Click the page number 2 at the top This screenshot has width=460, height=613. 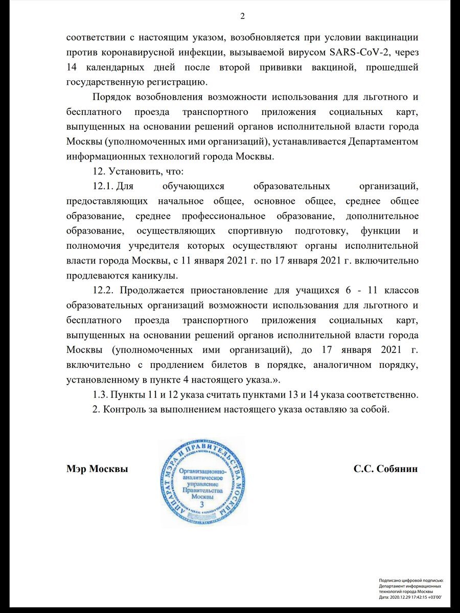pyautogui.click(x=243, y=16)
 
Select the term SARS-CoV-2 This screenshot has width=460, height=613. pyautogui.click(x=340, y=52)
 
